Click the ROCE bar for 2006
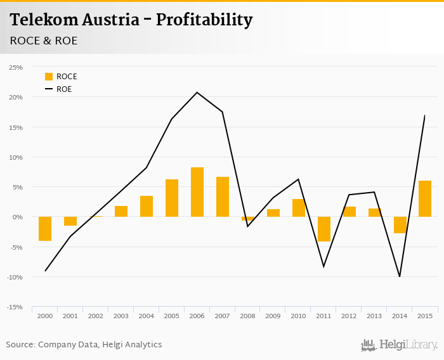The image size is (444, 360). coord(197,192)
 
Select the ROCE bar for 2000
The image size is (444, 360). coord(45,229)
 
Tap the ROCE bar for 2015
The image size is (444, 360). coord(425,199)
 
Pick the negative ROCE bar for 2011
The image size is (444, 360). coord(324,229)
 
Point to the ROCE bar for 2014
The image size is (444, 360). coord(400,225)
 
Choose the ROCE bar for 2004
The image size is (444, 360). coord(147,207)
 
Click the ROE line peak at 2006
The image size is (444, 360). coord(197,93)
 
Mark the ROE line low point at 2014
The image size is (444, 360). coord(400,276)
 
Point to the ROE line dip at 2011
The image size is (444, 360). coord(324,267)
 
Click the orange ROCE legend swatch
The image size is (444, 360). coord(49,77)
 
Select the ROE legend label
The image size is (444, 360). coord(64,89)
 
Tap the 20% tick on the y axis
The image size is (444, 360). coord(15,97)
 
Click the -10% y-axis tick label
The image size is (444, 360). coord(14,277)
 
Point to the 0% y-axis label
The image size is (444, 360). coord(17,217)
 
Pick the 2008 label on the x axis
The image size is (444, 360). coord(248,316)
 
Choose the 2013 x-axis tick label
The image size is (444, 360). coord(374,316)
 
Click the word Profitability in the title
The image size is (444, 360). coord(204,20)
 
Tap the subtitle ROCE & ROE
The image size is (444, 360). coord(43,41)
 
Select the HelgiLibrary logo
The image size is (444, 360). coord(400,345)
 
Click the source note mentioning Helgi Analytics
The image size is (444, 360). coord(84,345)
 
